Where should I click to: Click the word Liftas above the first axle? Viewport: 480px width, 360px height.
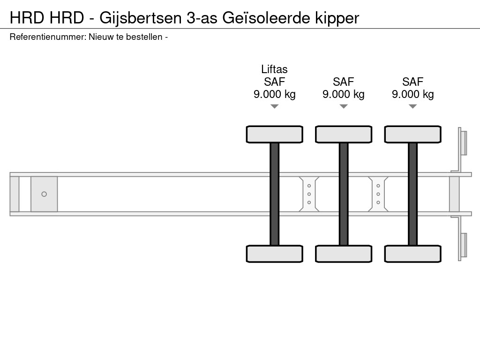[274, 69]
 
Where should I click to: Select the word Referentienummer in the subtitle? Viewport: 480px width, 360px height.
[47, 37]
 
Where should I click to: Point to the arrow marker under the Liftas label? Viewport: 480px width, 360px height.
[275, 106]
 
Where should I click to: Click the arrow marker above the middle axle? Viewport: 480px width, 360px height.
[344, 106]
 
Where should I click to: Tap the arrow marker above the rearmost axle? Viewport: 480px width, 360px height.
[412, 106]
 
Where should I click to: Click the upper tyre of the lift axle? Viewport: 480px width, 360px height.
[275, 134]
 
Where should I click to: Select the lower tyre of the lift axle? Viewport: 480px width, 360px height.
[275, 254]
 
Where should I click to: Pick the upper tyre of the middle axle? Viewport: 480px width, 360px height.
[344, 134]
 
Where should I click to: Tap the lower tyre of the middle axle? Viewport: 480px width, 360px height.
[344, 254]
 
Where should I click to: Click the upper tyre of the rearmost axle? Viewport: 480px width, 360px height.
[412, 134]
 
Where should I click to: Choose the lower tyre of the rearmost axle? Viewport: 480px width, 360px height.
[412, 254]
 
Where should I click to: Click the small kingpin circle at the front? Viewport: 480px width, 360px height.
[44, 194]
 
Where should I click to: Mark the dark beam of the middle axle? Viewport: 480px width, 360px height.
[344, 194]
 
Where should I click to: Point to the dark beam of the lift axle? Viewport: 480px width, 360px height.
[275, 194]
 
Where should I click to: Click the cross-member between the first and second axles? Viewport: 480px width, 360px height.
[309, 194]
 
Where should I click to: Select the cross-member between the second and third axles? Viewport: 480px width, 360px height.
[378, 194]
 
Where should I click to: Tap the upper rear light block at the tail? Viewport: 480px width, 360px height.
[464, 142]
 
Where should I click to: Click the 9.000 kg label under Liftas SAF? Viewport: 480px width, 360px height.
[275, 94]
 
